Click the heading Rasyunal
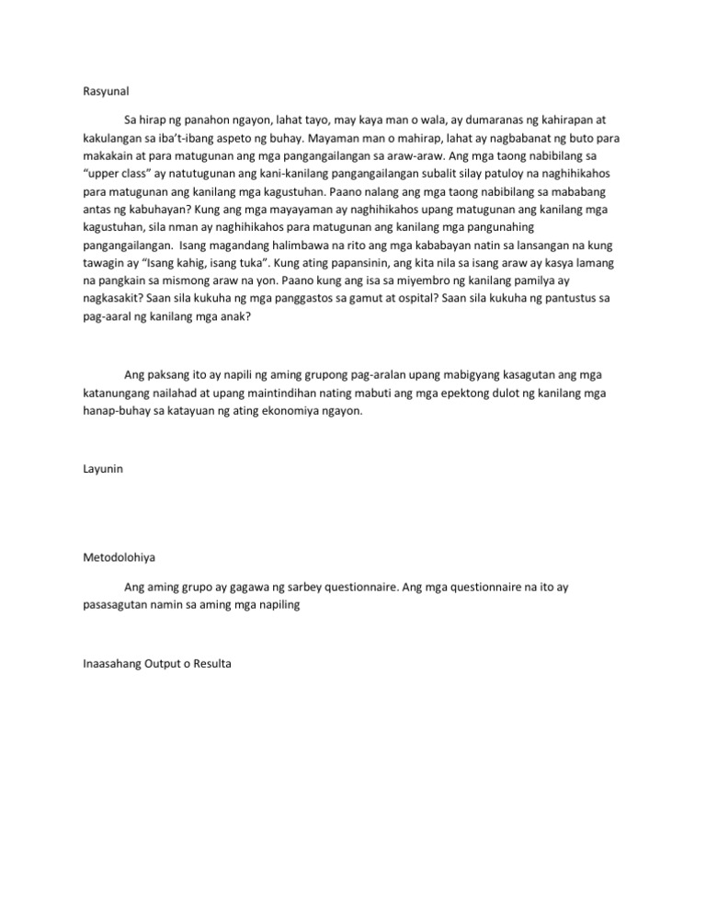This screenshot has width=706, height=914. [x=97, y=91]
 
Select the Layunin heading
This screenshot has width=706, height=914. [x=95, y=469]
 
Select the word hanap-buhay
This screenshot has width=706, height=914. [x=109, y=411]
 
